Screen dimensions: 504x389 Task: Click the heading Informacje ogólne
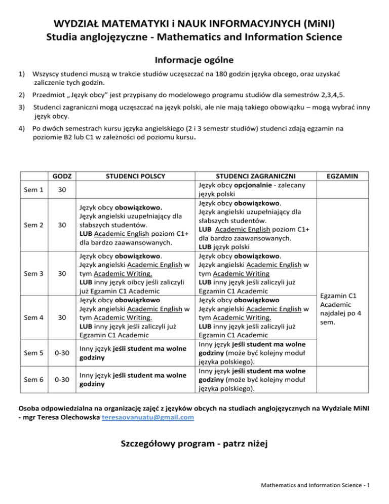[194, 60]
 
